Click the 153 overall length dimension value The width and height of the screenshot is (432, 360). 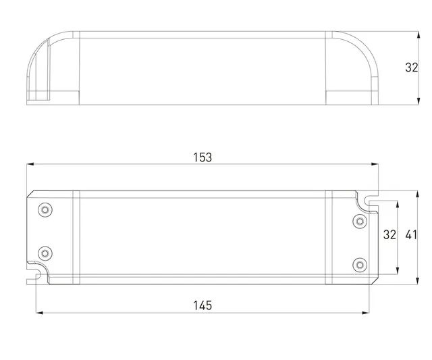coord(202,157)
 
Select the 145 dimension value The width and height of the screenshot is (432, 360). coord(202,305)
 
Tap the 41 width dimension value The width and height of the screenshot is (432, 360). coord(412,235)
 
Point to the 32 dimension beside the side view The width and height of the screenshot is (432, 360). coord(411,68)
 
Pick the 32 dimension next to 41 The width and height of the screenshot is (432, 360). coord(389,235)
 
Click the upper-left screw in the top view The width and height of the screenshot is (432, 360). coord(45,209)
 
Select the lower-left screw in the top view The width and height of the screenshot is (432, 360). coord(45,253)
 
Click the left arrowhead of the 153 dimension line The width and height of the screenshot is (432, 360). coord(30,164)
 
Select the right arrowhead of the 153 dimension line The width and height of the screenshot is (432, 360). coord(375,164)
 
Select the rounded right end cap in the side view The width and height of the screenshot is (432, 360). coord(354,68)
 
